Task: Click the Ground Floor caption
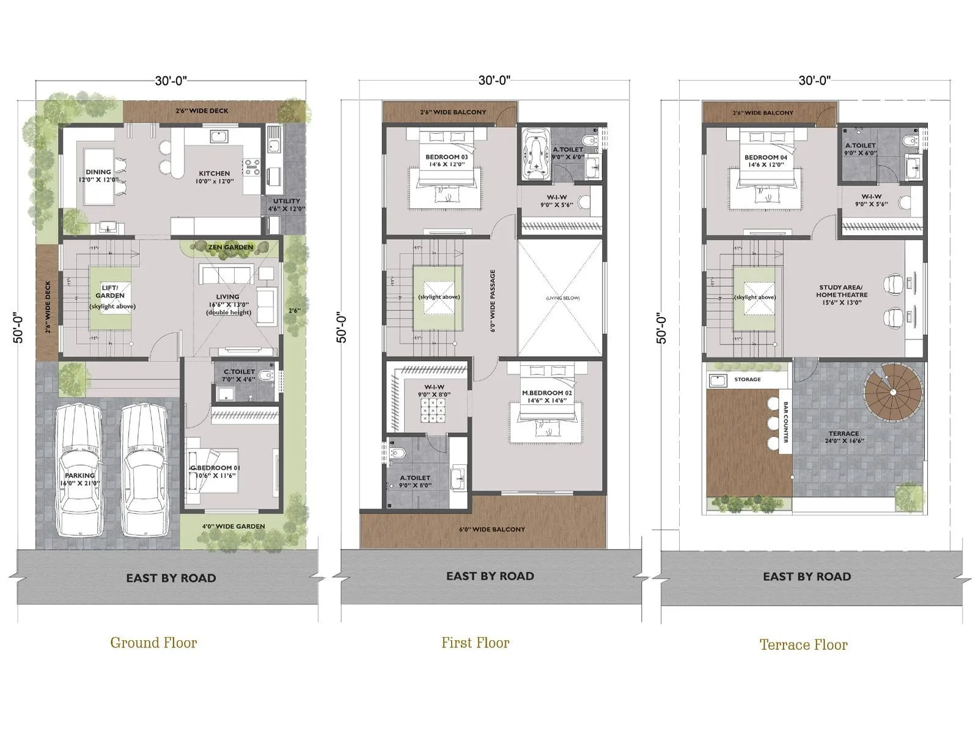[x=153, y=643]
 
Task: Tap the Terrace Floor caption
[x=803, y=644]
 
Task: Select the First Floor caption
[x=475, y=643]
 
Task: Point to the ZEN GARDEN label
[x=230, y=247]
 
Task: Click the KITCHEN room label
[x=214, y=173]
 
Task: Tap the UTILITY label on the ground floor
[x=286, y=201]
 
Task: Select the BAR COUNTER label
[x=785, y=422]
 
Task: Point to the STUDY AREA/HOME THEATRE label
[x=842, y=291]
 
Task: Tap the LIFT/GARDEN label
[x=110, y=291]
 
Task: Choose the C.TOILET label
[x=239, y=371]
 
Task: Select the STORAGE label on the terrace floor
[x=747, y=379]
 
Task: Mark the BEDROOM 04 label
[x=765, y=158]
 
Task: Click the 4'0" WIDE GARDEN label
[x=233, y=526]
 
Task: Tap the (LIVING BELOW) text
[x=562, y=298]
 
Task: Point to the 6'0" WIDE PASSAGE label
[x=493, y=301]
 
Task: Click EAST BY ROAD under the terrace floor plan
[x=807, y=576]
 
